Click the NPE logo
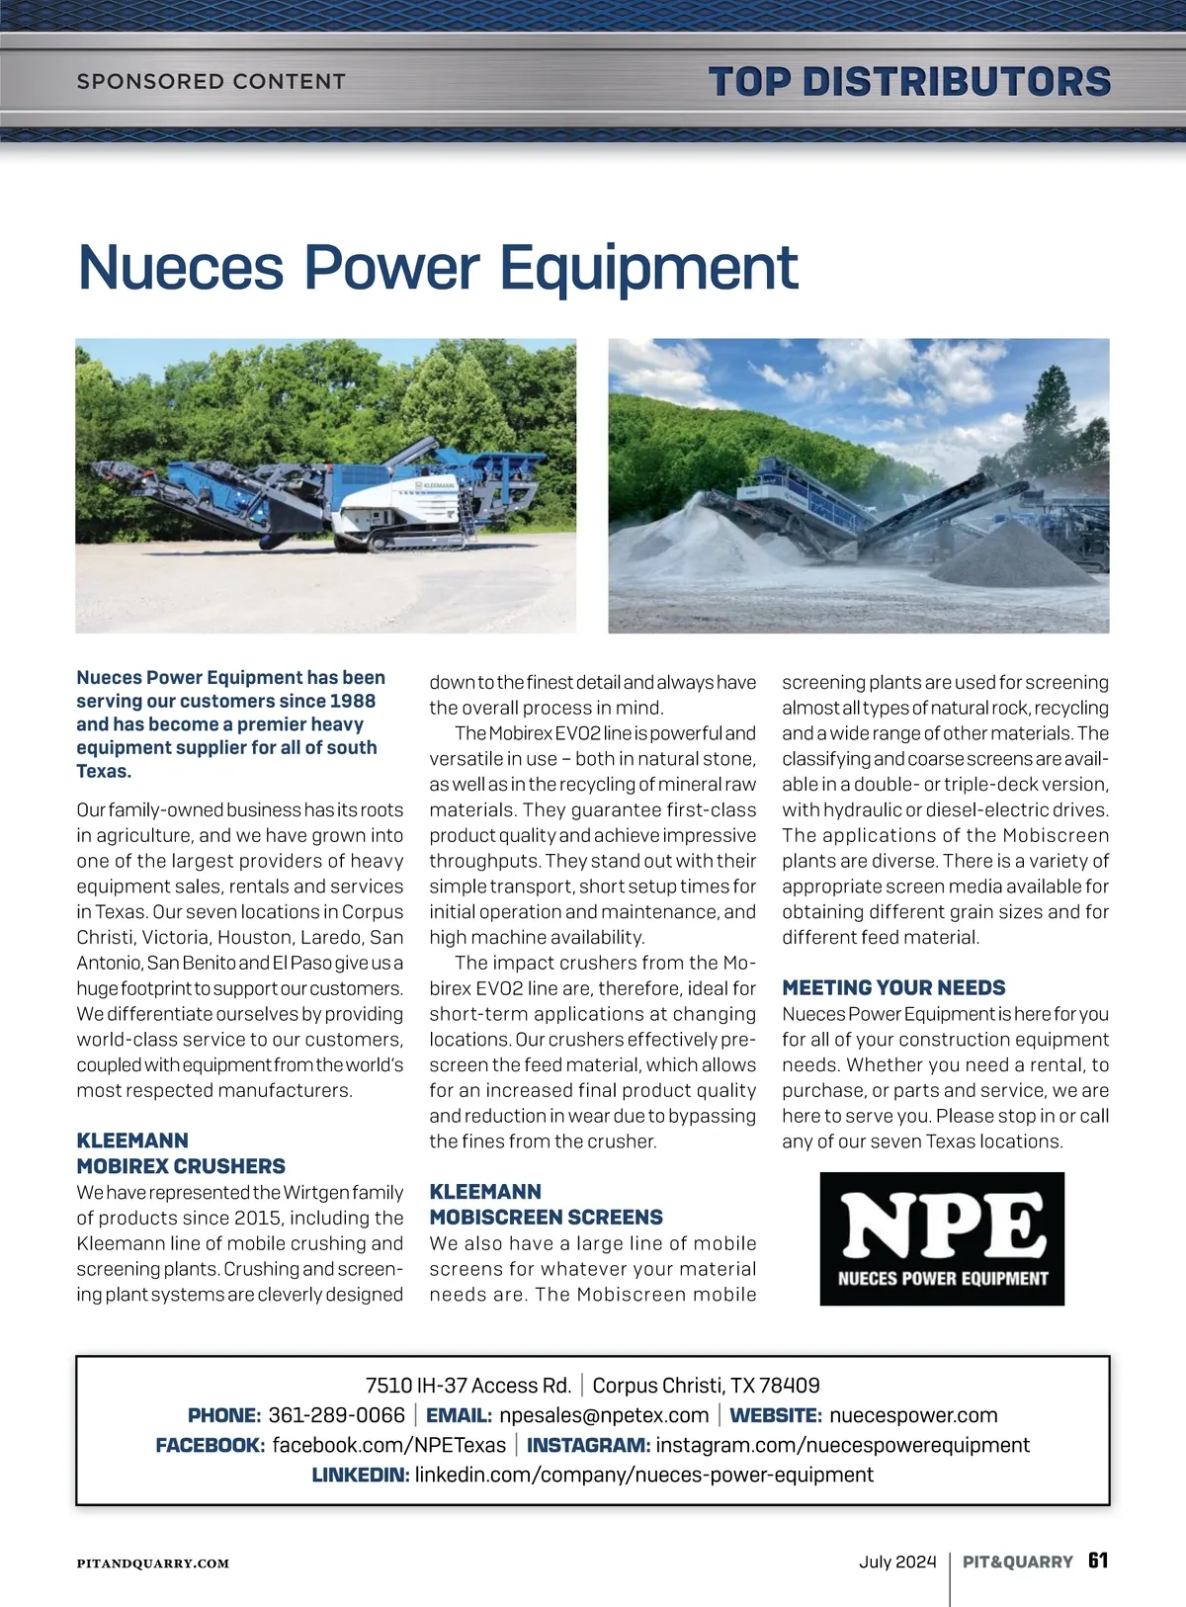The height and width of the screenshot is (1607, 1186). [x=942, y=1238]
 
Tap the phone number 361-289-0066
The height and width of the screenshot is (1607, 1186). [x=336, y=1415]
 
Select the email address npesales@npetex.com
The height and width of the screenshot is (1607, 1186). [x=604, y=1415]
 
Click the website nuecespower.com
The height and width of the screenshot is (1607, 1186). [x=913, y=1415]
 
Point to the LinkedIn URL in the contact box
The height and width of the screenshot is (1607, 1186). [x=643, y=1475]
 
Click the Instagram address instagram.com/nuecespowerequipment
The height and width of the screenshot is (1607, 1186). [x=842, y=1445]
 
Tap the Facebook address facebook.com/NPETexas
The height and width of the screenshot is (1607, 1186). [x=388, y=1445]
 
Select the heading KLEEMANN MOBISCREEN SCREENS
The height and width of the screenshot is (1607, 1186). [x=546, y=1204]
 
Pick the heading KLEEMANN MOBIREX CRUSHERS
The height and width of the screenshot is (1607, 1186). [x=181, y=1153]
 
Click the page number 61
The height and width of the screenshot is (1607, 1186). [x=1098, y=1561]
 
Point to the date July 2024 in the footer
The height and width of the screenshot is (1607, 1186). [x=896, y=1562]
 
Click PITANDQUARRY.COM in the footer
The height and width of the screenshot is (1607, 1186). [x=153, y=1564]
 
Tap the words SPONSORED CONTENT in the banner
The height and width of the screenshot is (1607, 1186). [x=211, y=81]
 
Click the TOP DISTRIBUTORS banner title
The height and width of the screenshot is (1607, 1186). [x=909, y=81]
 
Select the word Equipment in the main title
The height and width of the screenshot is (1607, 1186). [x=648, y=267]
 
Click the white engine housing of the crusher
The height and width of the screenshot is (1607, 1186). [x=412, y=500]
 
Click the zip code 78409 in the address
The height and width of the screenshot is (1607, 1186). [x=788, y=1385]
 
